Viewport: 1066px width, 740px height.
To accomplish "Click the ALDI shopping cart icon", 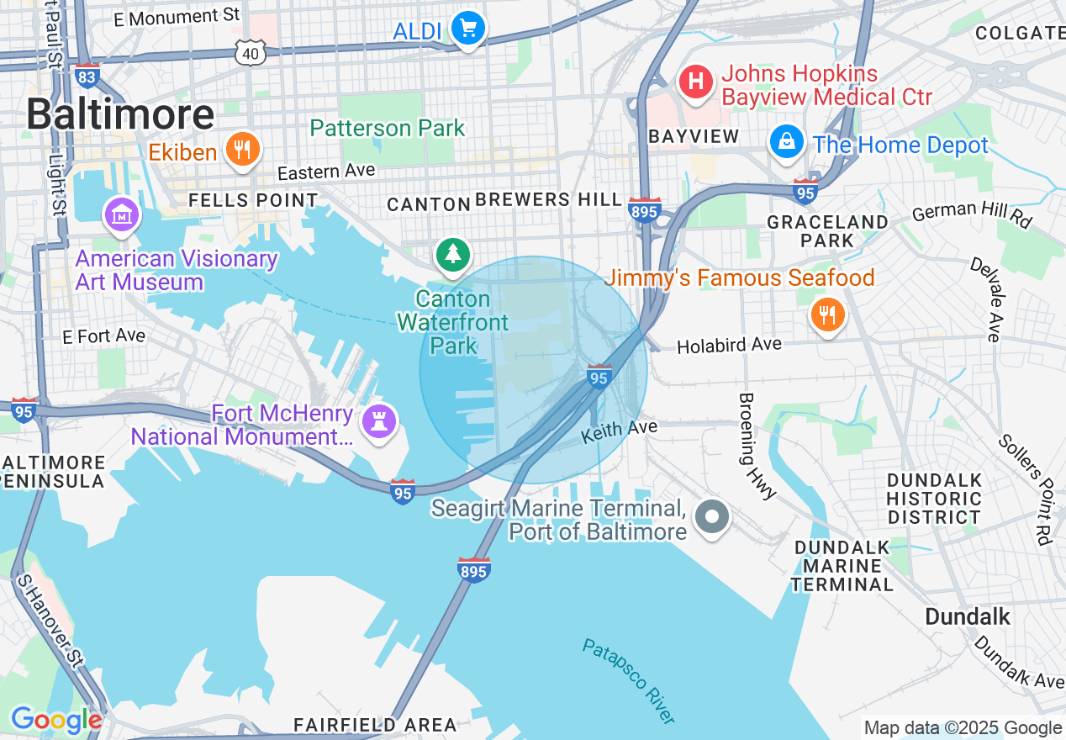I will (468, 29).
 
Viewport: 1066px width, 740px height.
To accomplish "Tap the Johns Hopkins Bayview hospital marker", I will (696, 82).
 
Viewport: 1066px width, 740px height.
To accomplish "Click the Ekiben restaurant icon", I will (242, 149).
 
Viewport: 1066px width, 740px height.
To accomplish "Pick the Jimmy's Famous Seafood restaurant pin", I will (827, 315).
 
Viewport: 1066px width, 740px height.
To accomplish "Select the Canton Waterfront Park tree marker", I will (453, 253).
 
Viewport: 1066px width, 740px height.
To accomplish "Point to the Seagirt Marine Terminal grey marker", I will (713, 515).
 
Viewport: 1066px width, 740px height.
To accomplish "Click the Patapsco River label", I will (629, 681).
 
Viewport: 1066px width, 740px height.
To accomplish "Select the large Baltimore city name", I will (120, 114).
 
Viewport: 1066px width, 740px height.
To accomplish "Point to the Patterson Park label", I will (388, 128).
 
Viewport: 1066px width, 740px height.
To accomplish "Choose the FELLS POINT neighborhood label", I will (253, 200).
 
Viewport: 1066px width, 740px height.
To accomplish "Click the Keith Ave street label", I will (620, 431).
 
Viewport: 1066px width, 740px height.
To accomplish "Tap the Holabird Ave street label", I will (729, 345).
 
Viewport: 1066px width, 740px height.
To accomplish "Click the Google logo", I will (56, 720).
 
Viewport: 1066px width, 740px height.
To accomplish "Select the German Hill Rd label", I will (971, 214).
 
